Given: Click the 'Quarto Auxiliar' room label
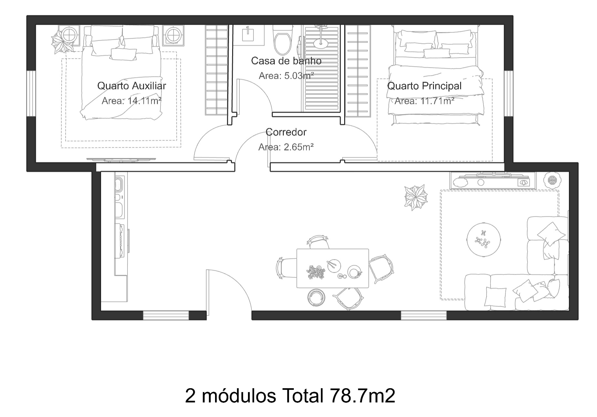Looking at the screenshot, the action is [131, 86].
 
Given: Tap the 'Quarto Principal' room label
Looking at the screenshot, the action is [424, 86].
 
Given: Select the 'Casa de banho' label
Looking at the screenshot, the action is [286, 61].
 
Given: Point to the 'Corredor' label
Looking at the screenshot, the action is [286, 132].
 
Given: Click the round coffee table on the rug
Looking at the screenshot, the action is [484, 239].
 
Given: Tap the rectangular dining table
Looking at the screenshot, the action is [333, 268].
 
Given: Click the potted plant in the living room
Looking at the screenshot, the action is [416, 197].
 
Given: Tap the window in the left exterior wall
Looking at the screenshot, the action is [31, 93].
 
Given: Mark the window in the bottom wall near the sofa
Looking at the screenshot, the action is [424, 315].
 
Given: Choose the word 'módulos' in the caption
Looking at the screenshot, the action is [239, 396].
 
